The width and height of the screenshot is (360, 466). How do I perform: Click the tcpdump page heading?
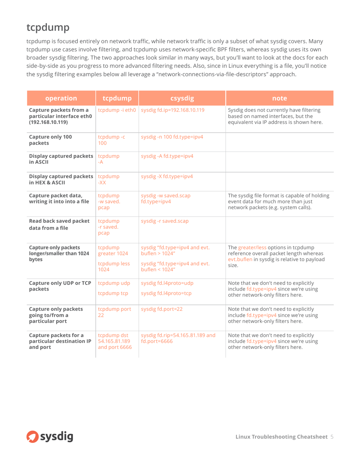(48, 27)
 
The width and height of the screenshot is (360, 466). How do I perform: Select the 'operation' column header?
(61, 99)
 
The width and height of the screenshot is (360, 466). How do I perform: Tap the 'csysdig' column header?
(182, 99)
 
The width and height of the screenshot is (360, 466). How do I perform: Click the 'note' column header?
(279, 99)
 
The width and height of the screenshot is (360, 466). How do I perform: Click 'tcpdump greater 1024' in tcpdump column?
(111, 251)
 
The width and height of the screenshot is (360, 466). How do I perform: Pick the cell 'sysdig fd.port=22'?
(162, 309)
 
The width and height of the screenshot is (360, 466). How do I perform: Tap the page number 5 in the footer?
(332, 437)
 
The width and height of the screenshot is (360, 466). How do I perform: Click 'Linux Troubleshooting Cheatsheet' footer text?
(281, 437)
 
